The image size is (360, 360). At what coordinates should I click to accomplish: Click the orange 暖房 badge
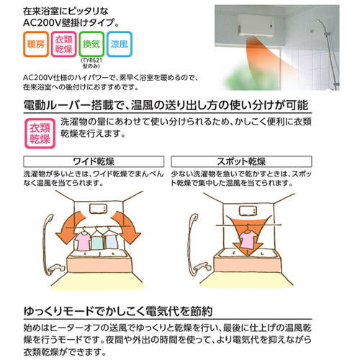pyautogui.click(x=36, y=44)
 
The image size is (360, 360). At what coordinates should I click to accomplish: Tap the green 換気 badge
pyautogui.click(x=91, y=44)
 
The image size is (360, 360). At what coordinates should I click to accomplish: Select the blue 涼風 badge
pyautogui.click(x=120, y=44)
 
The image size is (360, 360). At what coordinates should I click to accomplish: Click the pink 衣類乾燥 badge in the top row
pyautogui.click(x=63, y=44)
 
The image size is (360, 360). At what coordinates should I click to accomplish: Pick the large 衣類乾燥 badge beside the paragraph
pyautogui.click(x=40, y=133)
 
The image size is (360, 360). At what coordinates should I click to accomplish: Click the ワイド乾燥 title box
pyautogui.click(x=94, y=161)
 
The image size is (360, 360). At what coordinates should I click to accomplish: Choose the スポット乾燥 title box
pyautogui.click(x=241, y=161)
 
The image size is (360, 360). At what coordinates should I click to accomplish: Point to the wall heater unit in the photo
pyautogui.click(x=256, y=26)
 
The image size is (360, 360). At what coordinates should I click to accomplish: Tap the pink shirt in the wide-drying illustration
pyautogui.click(x=84, y=241)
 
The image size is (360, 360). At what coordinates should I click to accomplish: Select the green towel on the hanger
pyautogui.click(x=97, y=243)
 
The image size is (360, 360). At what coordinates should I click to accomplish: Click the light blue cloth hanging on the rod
pyautogui.click(x=110, y=241)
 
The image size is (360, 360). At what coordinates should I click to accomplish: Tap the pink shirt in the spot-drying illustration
pyautogui.click(x=248, y=238)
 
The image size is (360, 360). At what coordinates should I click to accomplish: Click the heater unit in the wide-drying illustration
pyautogui.click(x=98, y=209)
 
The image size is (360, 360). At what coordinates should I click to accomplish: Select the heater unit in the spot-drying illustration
pyautogui.click(x=248, y=211)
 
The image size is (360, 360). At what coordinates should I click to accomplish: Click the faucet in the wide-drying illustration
pyautogui.click(x=55, y=269)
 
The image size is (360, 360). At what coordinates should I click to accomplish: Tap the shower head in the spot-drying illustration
pyautogui.click(x=194, y=220)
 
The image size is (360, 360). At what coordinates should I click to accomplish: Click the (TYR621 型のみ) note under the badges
pyautogui.click(x=91, y=63)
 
